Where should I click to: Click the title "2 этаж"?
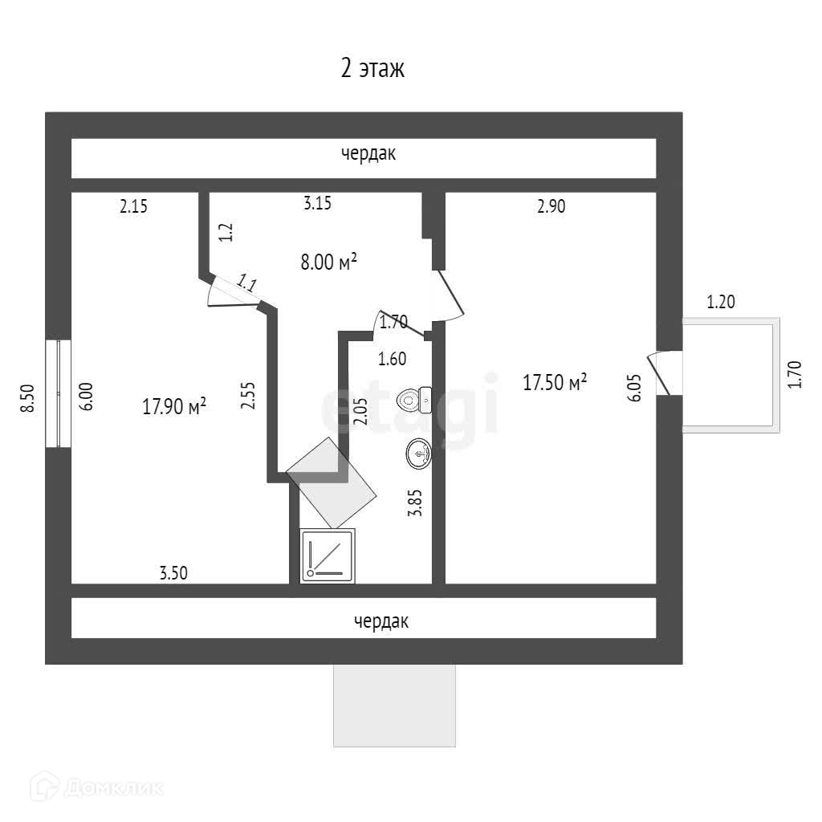click(372, 69)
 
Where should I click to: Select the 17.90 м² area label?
click(174, 406)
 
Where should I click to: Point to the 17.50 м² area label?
click(555, 382)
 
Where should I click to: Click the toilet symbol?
click(416, 397)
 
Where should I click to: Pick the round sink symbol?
click(419, 454)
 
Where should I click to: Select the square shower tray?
click(328, 555)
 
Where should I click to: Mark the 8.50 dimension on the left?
click(28, 398)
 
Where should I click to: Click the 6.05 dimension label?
click(635, 387)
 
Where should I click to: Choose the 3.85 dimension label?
click(415, 503)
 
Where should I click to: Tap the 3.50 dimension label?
click(173, 573)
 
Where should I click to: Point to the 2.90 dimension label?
click(551, 206)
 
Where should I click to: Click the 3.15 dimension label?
click(317, 203)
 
